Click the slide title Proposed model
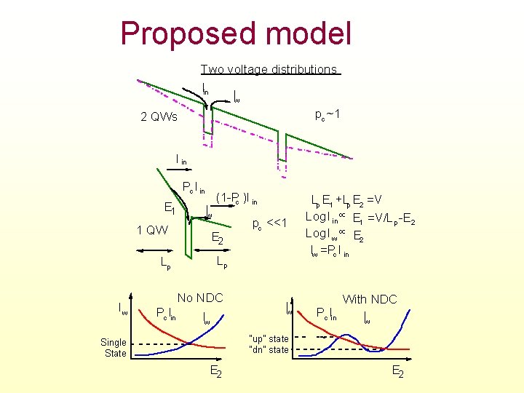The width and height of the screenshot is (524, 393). coord(236,33)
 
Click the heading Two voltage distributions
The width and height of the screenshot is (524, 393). coord(269,70)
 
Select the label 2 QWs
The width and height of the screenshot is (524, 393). coord(159,117)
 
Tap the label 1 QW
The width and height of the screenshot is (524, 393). coord(152,231)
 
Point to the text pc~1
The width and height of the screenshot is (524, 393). coord(327,114)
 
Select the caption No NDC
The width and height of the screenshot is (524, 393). coord(199,298)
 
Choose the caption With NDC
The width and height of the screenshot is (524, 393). coord(370,299)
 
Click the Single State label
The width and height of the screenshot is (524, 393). coord(114,348)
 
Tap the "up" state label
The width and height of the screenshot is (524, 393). coord(269,338)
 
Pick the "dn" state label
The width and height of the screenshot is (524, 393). coord(269,350)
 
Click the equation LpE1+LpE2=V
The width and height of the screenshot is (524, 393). coord(357,201)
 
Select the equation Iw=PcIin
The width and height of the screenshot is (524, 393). coord(340,252)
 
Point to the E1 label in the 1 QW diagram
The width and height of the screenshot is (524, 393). coord(168,210)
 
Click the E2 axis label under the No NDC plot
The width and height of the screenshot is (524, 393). coord(216,372)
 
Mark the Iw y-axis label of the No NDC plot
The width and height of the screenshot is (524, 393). coord(124,309)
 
